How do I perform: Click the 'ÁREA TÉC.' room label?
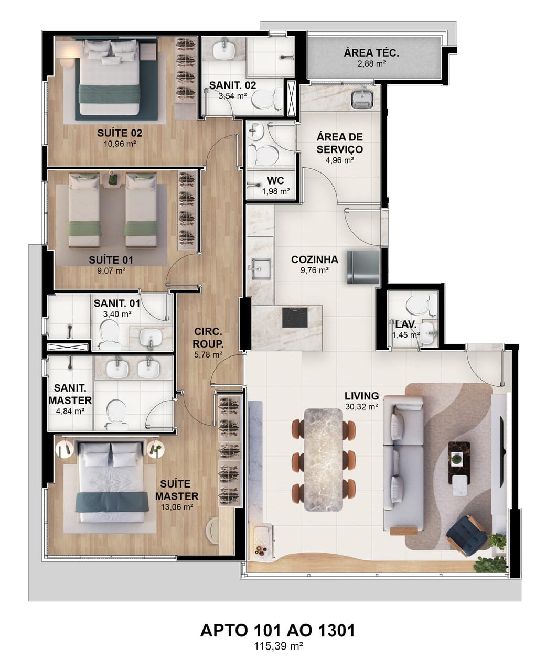click(371, 53)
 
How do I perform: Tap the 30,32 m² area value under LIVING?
click(361, 407)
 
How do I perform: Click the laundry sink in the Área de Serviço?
click(362, 99)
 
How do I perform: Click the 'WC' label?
click(275, 180)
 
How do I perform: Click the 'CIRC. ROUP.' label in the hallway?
click(208, 338)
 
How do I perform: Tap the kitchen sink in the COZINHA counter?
click(261, 268)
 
